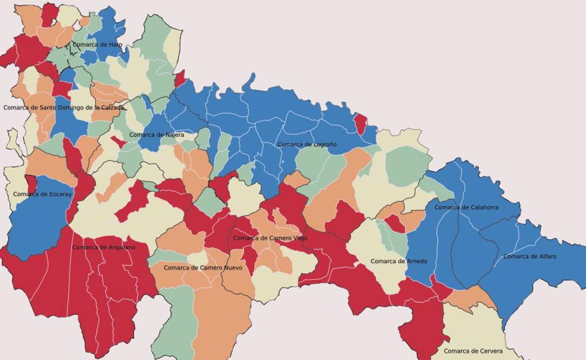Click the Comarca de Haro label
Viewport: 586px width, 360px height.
(x=97, y=45)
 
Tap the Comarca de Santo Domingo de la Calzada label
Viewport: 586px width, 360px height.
(x=64, y=108)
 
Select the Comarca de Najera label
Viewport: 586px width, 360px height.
(x=157, y=135)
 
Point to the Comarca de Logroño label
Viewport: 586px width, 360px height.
(x=307, y=145)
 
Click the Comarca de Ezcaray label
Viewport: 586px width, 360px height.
(x=42, y=194)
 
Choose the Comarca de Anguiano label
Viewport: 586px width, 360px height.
(x=104, y=247)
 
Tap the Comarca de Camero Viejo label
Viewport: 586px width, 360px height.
(x=270, y=238)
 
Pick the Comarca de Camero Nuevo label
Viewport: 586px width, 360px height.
(x=203, y=268)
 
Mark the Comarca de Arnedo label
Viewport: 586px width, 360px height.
(x=398, y=261)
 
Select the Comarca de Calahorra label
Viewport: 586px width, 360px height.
(x=466, y=208)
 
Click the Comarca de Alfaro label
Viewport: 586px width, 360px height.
(x=529, y=256)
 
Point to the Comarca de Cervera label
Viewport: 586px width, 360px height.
(x=473, y=351)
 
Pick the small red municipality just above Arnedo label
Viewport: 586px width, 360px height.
(x=395, y=223)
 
